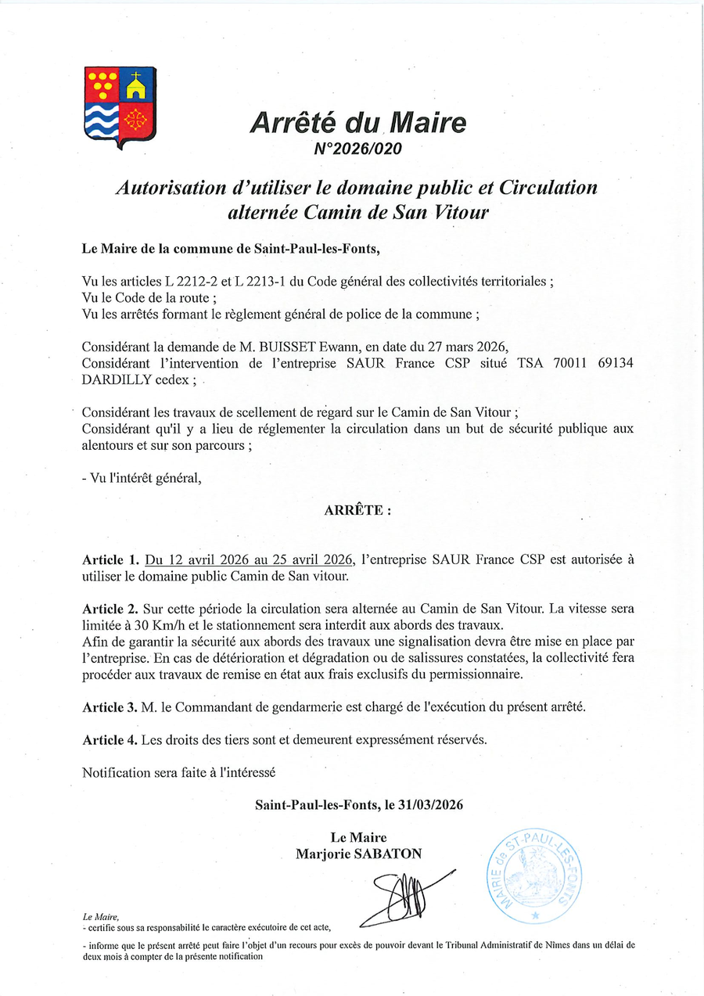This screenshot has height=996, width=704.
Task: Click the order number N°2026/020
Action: pos(357,148)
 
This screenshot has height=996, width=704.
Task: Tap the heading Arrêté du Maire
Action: pos(357,124)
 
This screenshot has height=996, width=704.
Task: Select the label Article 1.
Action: pos(110,560)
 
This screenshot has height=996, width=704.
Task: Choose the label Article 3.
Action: pos(110,707)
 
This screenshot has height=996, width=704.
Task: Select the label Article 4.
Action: pos(110,739)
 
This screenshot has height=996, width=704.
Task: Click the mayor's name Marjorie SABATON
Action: pos(357,854)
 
